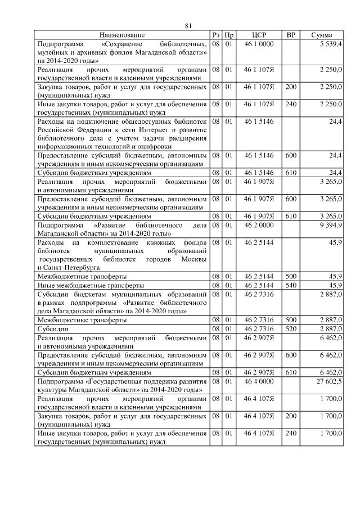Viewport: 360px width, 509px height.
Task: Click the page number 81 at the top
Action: pos(188,25)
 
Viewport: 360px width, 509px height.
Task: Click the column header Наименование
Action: pos(123,35)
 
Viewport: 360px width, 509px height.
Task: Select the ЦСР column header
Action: pos(259,35)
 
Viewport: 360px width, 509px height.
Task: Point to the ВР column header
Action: pos(291,35)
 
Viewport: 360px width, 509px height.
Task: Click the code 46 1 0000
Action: pos(259,43)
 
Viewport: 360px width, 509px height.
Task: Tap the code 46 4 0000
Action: pos(259,381)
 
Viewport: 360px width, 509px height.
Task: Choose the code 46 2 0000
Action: pos(259,225)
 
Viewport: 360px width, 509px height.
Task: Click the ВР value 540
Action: pos(291,286)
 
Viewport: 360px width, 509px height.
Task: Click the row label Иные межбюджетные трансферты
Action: pos(89,286)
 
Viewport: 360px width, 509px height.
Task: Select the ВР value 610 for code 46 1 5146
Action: pos(291,173)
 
